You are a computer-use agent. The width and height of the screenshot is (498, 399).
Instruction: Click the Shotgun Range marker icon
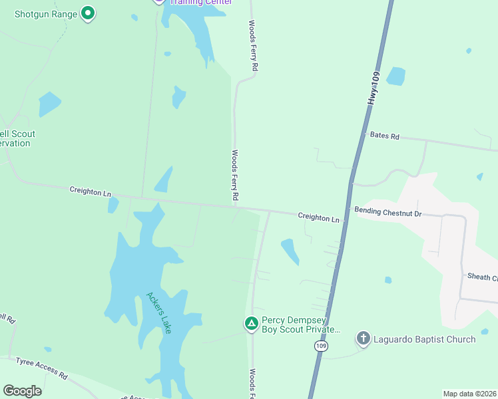[88, 13]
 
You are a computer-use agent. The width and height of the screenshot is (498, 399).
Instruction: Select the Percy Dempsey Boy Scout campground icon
[251, 324]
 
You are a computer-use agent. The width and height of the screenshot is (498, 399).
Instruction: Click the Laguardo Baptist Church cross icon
[363, 339]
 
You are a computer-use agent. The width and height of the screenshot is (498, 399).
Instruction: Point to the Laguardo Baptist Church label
[424, 339]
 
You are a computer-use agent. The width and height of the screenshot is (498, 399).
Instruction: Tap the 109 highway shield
[322, 346]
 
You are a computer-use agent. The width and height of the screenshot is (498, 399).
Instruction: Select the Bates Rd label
[384, 136]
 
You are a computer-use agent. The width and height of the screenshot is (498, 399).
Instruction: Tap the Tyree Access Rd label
[41, 366]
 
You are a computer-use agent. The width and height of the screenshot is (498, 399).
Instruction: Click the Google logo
[22, 391]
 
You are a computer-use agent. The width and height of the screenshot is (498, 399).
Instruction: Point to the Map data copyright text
[469, 394]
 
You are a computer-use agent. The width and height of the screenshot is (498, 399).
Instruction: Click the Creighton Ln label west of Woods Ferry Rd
[90, 192]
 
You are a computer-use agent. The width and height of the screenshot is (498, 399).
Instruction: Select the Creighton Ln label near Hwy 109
[318, 217]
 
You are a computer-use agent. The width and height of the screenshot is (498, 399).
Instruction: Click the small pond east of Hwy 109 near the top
[395, 76]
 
